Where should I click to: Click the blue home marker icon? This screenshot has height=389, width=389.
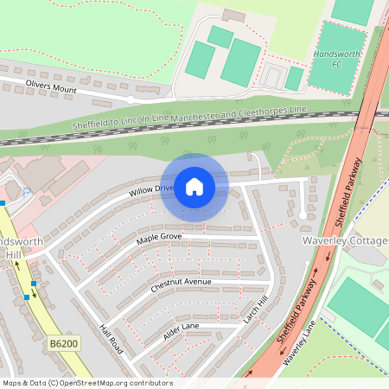tap(194, 187)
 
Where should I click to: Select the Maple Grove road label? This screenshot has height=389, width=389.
tap(159, 236)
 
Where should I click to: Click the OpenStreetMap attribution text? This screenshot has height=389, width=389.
tap(87, 383)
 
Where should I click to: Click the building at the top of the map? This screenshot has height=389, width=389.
tap(233, 15)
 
